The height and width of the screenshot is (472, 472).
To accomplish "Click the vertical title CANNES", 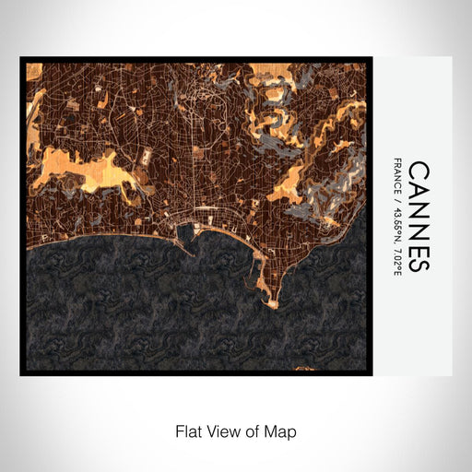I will point(418,217).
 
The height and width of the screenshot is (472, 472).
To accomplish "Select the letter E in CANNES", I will point(418,245).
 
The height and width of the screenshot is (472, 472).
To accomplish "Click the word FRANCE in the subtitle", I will point(397,177).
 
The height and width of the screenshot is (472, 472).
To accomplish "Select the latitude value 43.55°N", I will point(397,225).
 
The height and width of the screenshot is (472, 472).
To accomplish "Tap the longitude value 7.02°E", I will point(397,259).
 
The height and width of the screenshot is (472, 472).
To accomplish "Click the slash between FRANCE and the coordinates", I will point(397,199).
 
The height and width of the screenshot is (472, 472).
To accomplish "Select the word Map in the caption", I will point(282,431).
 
